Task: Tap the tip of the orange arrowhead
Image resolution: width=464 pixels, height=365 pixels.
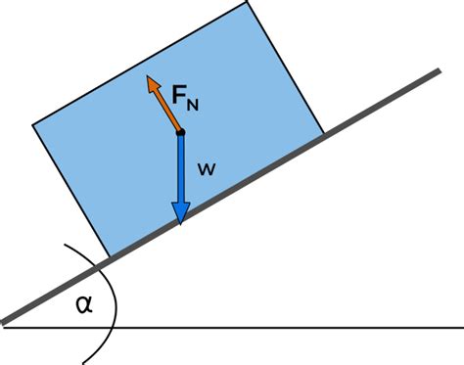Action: (149, 76)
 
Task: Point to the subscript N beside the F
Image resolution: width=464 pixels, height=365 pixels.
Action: (197, 103)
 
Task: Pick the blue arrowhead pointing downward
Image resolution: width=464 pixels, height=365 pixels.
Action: (181, 212)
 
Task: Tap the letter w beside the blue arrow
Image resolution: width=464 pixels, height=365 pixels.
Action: (207, 169)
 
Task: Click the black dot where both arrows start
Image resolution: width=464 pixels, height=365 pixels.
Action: (181, 132)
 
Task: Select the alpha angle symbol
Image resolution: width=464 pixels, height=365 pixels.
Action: (84, 304)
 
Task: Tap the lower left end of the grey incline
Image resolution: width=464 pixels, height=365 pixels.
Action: (6, 321)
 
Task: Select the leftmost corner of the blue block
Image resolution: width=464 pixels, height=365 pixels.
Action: (33, 125)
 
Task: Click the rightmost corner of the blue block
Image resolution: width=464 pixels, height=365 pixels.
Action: (323, 133)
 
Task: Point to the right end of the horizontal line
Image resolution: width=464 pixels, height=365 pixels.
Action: (460, 328)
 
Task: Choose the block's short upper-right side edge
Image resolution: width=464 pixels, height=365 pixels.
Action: (286, 68)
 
